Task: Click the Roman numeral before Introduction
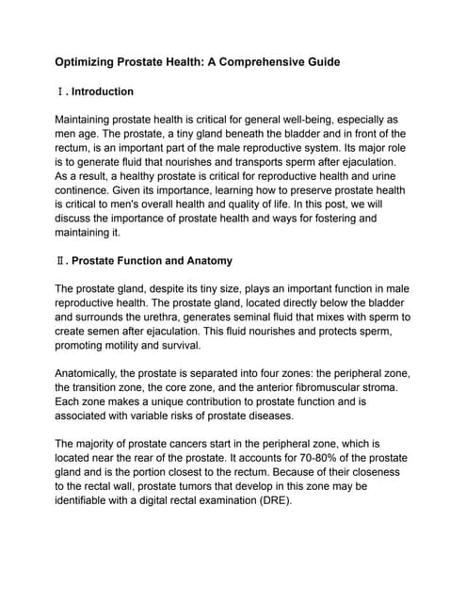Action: coord(60,92)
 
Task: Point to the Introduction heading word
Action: coord(103,92)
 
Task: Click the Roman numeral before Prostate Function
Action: coord(60,260)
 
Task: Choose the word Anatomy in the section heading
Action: coord(205,260)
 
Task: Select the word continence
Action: coord(86,189)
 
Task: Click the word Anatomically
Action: coord(96,373)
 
